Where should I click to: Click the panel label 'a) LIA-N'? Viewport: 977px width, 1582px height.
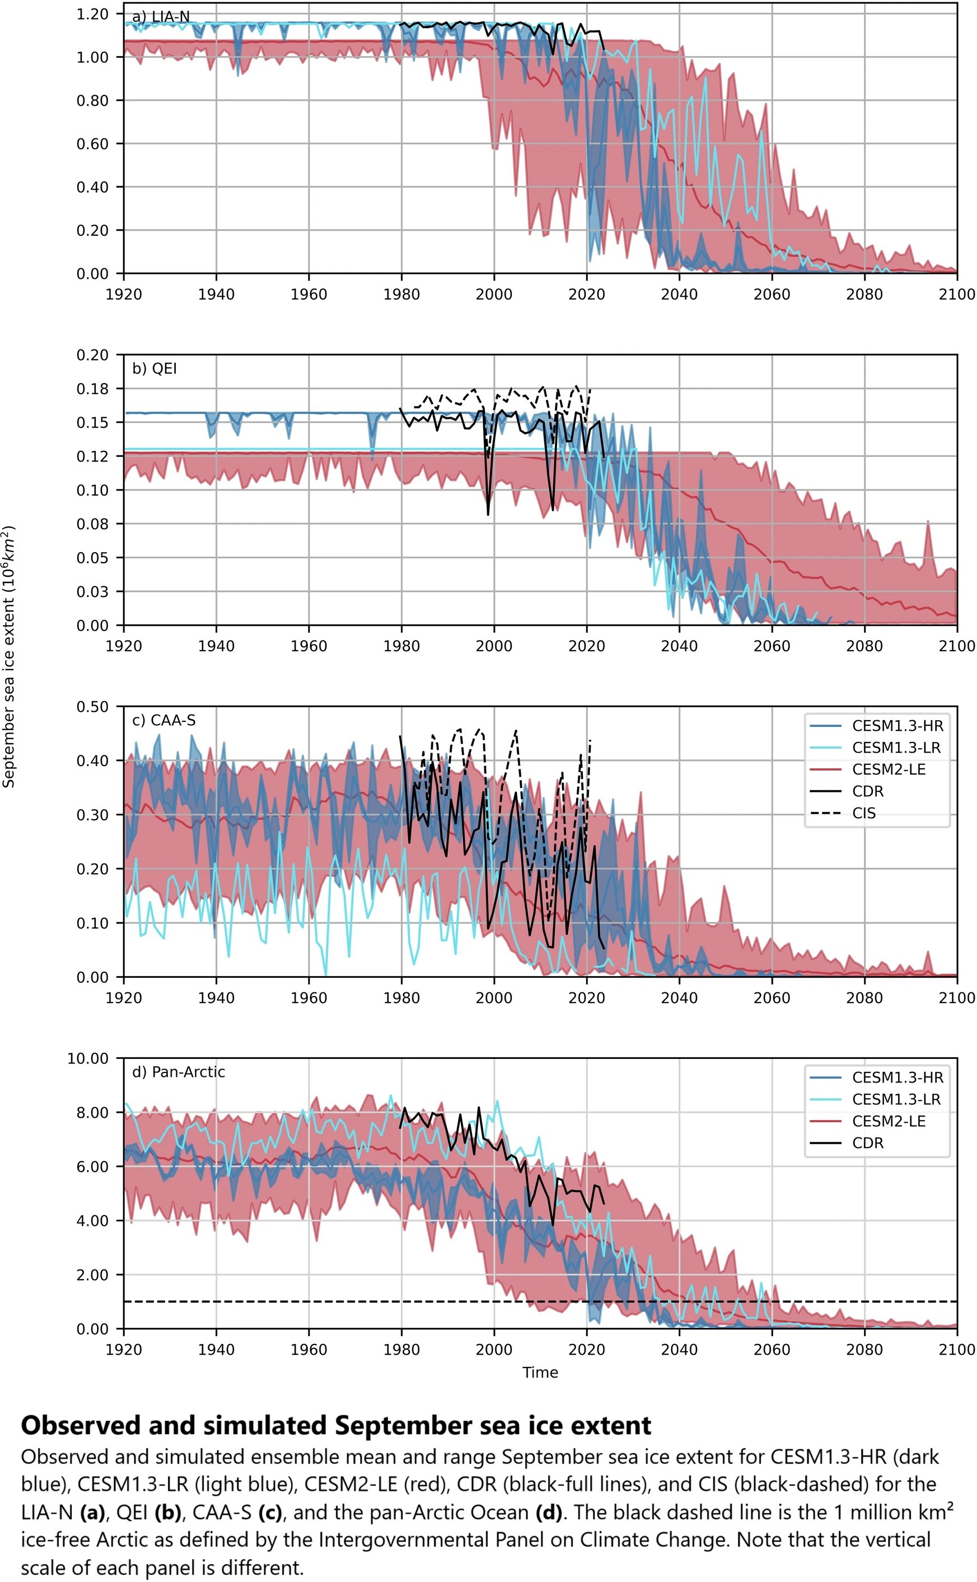(161, 17)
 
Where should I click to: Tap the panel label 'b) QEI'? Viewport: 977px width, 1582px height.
(155, 368)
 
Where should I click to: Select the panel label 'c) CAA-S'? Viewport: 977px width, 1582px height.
(163, 720)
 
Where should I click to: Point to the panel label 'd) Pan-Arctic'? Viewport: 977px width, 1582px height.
(179, 1072)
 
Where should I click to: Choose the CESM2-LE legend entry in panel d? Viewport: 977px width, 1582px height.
(889, 1121)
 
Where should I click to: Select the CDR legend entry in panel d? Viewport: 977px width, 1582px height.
(867, 1143)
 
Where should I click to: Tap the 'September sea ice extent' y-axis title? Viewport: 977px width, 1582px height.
(9, 656)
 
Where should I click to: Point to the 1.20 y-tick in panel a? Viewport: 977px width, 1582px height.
(92, 13)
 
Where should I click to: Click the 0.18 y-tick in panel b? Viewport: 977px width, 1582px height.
(92, 389)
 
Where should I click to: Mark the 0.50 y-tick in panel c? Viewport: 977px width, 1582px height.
(92, 706)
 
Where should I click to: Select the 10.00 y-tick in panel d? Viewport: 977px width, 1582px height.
(88, 1058)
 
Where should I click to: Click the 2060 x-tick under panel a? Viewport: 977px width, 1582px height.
(772, 295)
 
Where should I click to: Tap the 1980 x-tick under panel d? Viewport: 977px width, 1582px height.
(401, 1350)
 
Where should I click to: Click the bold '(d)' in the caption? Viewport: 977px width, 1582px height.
(549, 1513)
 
